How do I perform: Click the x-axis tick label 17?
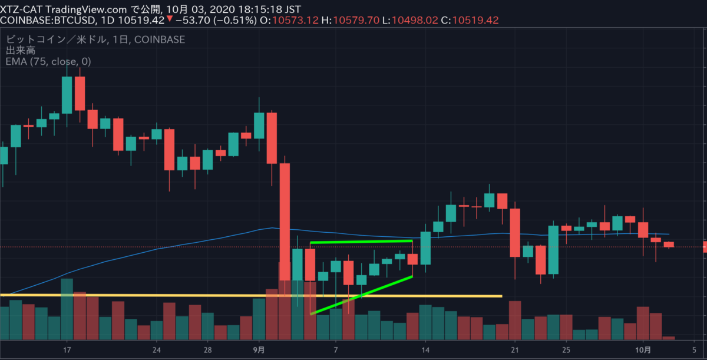[x=67, y=348]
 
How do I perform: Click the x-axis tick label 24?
[x=157, y=348]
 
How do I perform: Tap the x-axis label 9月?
[x=259, y=348]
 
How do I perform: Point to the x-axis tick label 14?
[x=426, y=348]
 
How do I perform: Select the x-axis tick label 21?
[x=515, y=348]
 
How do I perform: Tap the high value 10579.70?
[x=358, y=20]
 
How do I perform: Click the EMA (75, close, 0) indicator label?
[x=48, y=61]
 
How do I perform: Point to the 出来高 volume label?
[x=19, y=51]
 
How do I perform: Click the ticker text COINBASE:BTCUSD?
[x=45, y=20]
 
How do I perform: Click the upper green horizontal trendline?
[x=361, y=242]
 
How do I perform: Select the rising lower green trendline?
[x=361, y=295]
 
